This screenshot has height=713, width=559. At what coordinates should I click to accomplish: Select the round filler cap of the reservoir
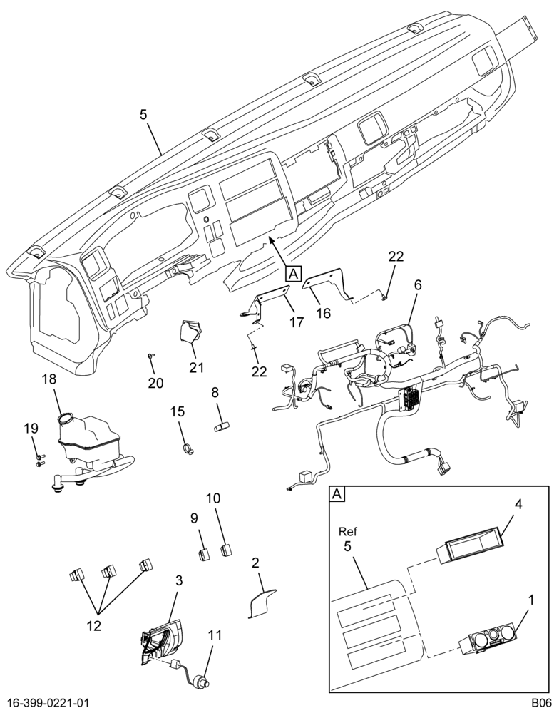(66, 417)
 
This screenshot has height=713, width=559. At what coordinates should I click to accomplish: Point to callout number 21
(197, 367)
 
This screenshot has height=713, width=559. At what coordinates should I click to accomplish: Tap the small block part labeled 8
(222, 427)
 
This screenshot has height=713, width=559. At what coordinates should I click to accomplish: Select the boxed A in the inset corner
(337, 494)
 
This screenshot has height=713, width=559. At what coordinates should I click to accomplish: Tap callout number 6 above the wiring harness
(418, 285)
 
